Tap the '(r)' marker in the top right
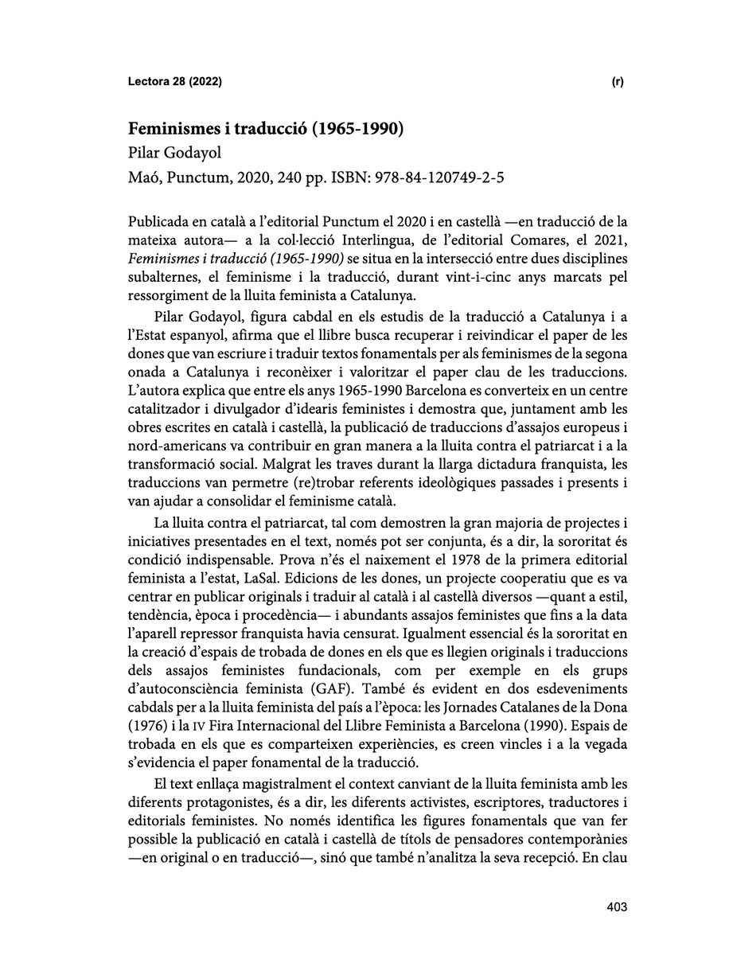coord(618,82)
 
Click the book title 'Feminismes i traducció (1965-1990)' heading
coord(267,129)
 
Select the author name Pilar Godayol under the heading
coord(172,154)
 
